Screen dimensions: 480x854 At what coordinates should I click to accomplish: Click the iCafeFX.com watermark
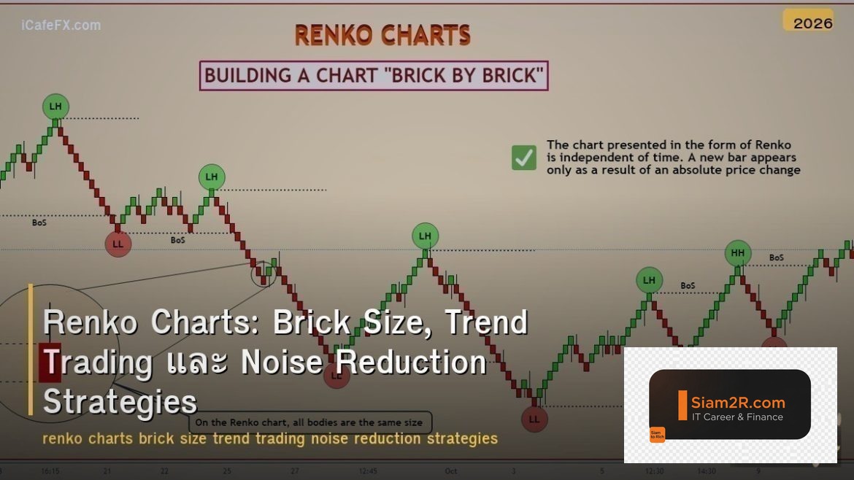point(61,26)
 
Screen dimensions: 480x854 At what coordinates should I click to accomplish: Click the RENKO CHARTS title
point(382,35)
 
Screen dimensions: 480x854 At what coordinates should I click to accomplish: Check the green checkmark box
point(523,158)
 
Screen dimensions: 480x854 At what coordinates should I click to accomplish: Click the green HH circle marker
point(738,253)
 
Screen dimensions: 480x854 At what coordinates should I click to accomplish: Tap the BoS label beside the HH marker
point(776,258)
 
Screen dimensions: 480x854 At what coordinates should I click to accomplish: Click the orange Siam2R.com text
point(739,403)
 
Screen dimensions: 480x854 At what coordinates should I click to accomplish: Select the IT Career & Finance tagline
point(737,417)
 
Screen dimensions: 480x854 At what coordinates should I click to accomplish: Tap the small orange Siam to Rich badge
point(657,435)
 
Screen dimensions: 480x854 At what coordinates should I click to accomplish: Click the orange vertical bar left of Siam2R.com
point(682,406)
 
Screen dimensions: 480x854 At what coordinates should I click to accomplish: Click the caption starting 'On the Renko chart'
point(310,422)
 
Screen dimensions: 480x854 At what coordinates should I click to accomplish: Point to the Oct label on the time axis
point(451,471)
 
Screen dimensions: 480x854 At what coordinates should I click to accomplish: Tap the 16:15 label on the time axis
point(51,471)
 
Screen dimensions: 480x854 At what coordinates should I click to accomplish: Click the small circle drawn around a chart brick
point(263,275)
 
